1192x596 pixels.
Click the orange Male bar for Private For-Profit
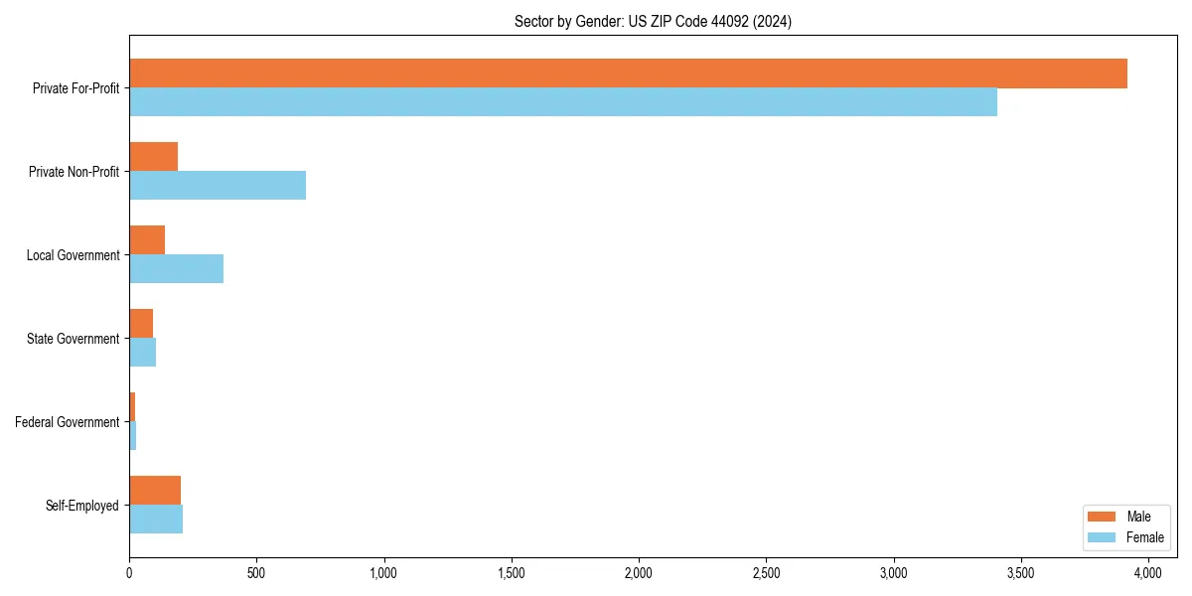628,74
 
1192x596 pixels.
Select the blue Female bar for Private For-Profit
563,102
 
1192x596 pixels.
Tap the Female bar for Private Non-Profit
218,186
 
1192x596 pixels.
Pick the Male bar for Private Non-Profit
154,157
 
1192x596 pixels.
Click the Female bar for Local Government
177,269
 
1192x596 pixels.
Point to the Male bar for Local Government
147,240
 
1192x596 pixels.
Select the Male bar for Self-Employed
155,491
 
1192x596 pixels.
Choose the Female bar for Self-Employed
156,520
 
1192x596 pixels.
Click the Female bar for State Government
143,353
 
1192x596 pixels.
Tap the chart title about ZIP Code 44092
653,21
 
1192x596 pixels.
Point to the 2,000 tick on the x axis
639,573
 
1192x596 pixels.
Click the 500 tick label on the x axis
256,573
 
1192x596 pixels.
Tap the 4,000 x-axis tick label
1148,573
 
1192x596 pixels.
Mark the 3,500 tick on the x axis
1021,573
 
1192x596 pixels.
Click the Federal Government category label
68,422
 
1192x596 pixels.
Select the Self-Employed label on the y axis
82,506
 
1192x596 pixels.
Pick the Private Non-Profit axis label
74,172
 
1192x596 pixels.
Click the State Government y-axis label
74,339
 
